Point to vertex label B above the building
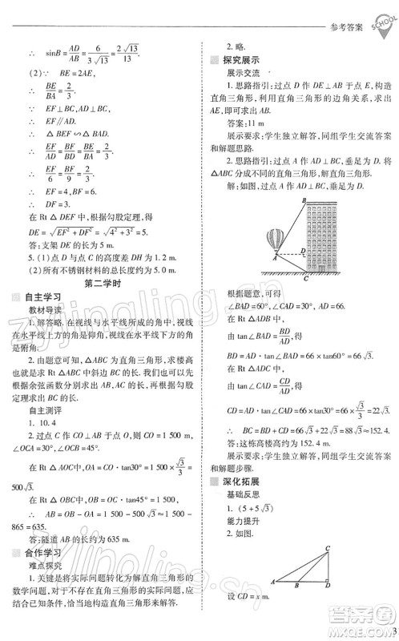pos(304,201)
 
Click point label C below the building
pos(305,280)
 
